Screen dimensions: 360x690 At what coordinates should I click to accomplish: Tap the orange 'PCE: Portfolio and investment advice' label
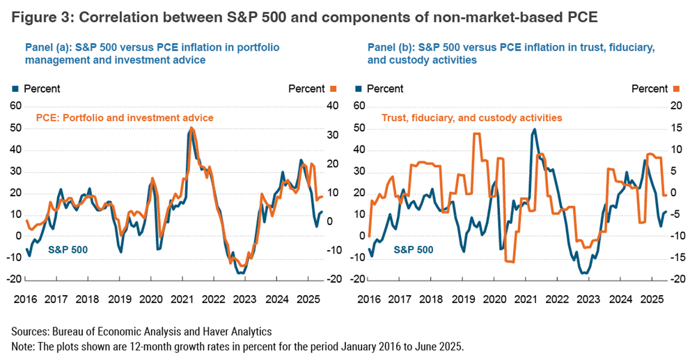point(124,118)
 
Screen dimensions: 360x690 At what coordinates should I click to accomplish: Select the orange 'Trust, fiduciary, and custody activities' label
point(471,118)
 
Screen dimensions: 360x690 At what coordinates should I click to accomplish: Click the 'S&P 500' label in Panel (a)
point(68,248)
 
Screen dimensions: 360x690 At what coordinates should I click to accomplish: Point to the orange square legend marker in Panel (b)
point(674,88)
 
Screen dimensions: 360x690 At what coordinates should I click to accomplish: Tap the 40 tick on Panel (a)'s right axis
point(333,106)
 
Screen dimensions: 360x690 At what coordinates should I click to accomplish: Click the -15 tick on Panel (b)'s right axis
point(674,258)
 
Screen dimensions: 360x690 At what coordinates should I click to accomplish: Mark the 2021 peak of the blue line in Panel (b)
point(534,129)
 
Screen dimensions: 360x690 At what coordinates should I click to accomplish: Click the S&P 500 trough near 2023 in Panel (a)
point(240,273)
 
